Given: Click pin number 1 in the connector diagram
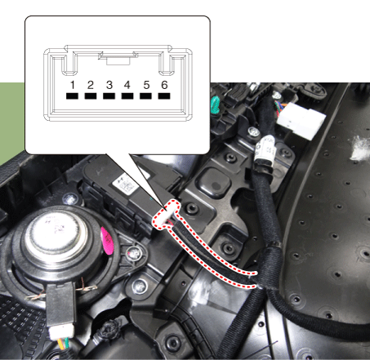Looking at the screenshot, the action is [x=72, y=85].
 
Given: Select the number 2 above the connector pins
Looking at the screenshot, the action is [x=91, y=85].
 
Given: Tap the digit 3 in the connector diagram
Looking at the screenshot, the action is [x=109, y=85].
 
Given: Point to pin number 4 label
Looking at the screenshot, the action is [x=127, y=85].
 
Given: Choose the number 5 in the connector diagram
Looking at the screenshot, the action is [x=146, y=85].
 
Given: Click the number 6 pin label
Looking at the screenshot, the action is [x=164, y=85].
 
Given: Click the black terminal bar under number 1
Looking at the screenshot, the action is [x=72, y=96].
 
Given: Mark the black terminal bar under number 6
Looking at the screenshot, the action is [x=164, y=96].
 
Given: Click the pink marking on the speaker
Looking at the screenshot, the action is [x=107, y=241].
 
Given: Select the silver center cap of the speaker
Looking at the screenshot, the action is [x=56, y=233].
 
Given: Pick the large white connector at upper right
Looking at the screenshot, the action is [x=301, y=121].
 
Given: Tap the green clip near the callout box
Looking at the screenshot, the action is [x=216, y=105].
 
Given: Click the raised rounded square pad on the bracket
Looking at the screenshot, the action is [x=214, y=180].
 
